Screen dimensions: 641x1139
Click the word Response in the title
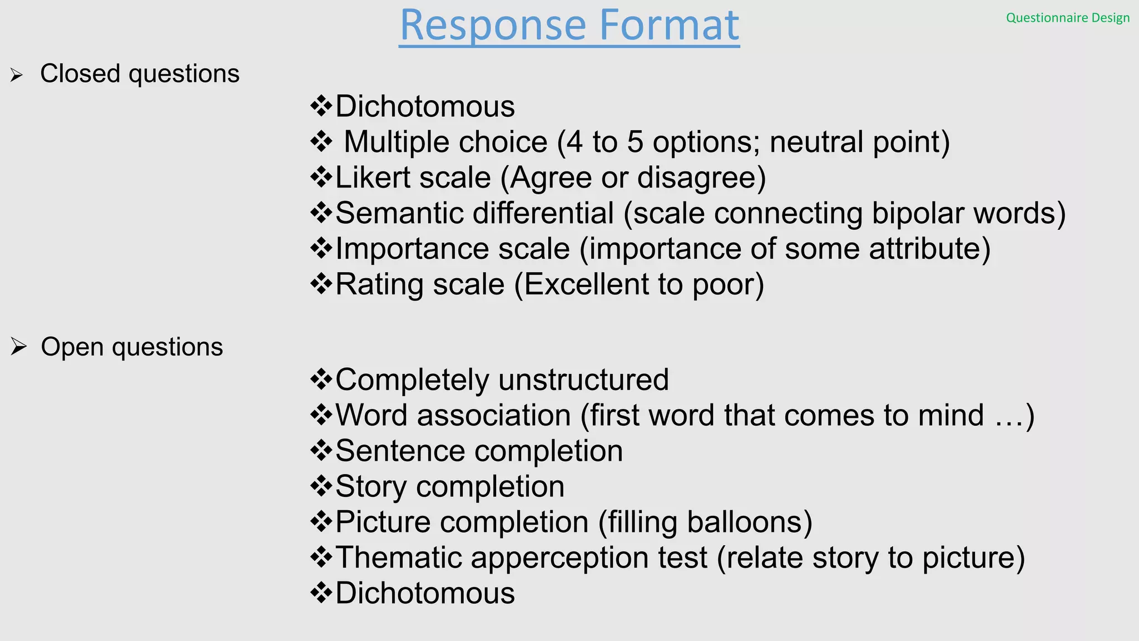[493, 26]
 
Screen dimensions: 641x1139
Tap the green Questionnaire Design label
[1068, 18]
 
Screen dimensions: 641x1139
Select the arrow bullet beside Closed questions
[17, 75]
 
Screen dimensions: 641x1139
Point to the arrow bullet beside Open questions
[18, 347]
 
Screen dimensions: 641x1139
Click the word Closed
[80, 73]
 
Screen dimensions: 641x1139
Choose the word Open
[72, 347]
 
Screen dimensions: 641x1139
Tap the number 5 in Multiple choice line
[635, 142]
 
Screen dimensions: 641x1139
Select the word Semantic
[399, 213]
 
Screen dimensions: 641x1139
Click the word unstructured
[583, 380]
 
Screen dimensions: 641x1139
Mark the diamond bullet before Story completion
[321, 486]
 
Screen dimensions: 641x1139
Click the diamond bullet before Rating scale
[321, 283]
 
